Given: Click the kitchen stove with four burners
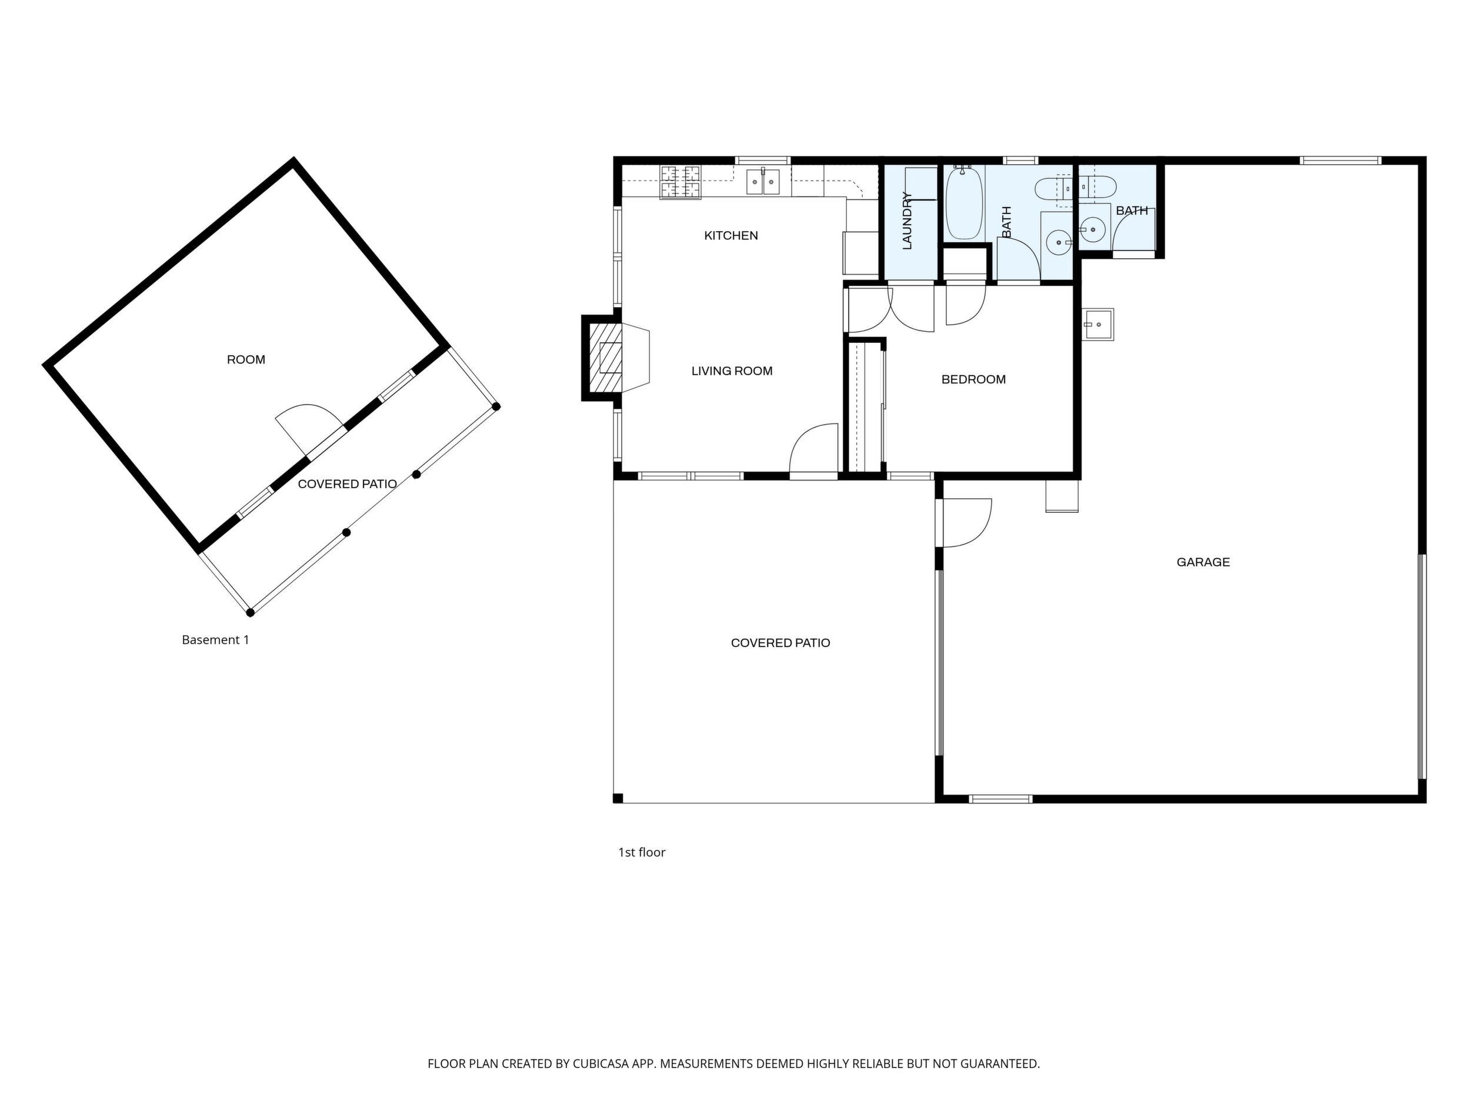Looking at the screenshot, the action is [680, 182].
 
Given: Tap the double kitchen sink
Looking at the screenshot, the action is [763, 182].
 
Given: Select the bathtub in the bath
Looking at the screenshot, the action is [963, 203].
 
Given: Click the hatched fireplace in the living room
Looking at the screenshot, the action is [605, 358].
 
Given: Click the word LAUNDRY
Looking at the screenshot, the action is [908, 221].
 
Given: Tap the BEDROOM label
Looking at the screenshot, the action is [973, 379].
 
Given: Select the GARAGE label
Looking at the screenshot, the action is [1203, 562].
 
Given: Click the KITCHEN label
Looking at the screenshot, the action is [730, 236].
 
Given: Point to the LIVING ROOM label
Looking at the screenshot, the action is [732, 371].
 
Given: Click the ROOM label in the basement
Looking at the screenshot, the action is [246, 360].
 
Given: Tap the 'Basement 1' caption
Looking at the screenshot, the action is [216, 640].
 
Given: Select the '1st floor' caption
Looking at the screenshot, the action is [642, 852].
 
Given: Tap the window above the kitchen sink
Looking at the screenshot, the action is [763, 160].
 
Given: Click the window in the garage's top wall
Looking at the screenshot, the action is [1340, 160].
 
